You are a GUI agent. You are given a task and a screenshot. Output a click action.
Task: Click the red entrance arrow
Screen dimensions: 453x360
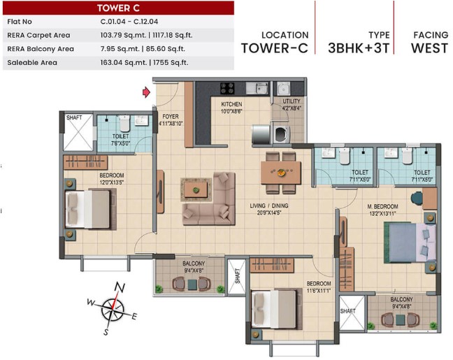146,92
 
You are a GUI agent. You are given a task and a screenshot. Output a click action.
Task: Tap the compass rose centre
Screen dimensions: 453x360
113,309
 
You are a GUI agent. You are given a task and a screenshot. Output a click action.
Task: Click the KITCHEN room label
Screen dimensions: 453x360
231,104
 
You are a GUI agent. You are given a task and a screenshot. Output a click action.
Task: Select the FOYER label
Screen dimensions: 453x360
171,117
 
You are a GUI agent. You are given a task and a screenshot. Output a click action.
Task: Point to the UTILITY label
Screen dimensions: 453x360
292,101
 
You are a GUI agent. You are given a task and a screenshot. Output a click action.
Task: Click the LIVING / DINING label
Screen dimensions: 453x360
269,206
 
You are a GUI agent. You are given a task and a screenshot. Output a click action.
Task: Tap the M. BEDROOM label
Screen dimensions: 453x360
383,207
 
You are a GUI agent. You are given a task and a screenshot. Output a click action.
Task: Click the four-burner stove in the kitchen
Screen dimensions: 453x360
227,88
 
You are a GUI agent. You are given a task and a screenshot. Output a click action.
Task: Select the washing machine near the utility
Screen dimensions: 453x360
282,134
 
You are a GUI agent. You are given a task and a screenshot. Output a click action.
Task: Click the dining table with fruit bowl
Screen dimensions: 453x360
281,173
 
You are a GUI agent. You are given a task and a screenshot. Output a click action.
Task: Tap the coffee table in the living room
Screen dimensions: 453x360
196,189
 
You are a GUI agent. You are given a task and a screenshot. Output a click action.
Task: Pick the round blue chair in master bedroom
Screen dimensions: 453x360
417,199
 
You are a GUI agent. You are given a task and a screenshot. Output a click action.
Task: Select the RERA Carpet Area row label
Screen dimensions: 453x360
38,35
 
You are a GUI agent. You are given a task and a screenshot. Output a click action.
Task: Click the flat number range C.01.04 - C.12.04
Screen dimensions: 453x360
129,22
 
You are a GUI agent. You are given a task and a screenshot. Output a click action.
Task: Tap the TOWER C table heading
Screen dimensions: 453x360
118,8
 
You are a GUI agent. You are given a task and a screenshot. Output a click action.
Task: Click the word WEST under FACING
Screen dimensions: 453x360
430,48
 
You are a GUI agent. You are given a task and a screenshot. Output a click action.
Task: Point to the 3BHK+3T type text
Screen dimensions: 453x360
359,48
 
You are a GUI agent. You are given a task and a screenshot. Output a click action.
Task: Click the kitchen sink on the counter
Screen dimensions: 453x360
257,88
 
